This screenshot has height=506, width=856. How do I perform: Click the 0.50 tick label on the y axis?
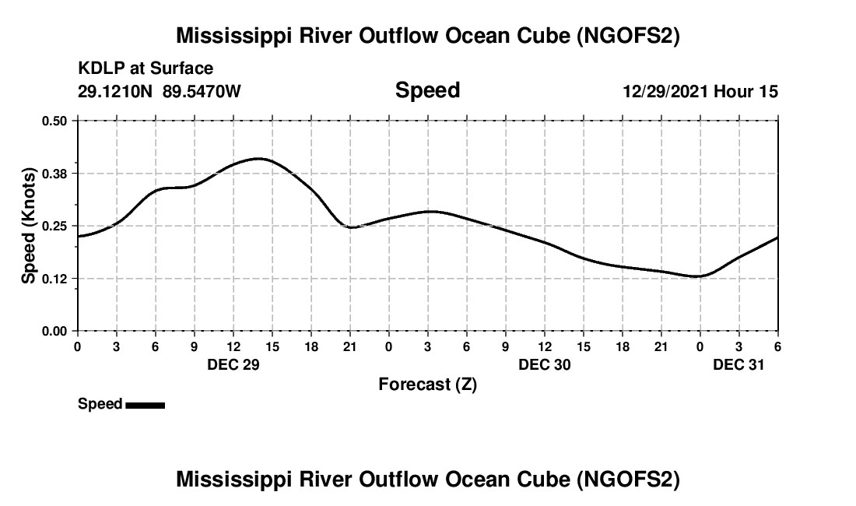pos(55,121)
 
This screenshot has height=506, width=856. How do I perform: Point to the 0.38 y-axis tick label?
pos(55,173)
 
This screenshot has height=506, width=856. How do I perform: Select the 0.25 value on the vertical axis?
pos(55,226)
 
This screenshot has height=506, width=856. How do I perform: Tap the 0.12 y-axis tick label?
pos(55,278)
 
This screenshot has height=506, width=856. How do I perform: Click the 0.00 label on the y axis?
pos(55,331)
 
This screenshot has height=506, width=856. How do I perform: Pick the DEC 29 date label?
pos(233,364)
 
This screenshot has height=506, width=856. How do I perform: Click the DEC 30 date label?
pos(545,364)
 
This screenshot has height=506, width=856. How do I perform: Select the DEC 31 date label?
pos(739,364)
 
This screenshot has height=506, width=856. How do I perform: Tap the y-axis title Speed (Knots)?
pos(28,225)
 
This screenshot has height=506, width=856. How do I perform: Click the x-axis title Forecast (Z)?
pos(427,385)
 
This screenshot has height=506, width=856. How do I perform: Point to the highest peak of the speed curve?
pos(260,159)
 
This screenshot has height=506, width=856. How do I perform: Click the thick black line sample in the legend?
pos(146,405)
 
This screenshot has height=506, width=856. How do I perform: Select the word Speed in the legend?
pos(100,404)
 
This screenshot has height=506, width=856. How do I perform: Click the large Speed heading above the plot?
pos(427,90)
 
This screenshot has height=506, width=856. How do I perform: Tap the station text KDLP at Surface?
pos(146,69)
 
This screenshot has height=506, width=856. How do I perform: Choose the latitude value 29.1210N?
pos(116,91)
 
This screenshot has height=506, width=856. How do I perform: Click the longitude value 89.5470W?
pos(202,91)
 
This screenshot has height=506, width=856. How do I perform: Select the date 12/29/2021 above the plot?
pos(666,92)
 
